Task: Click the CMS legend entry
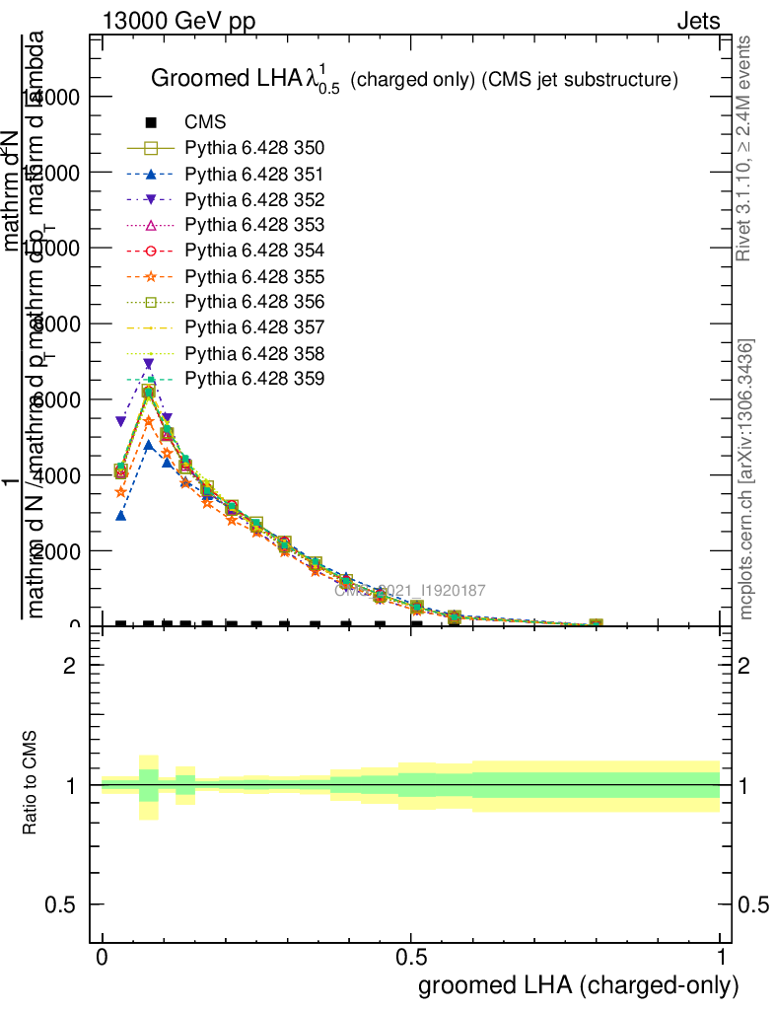tap(205, 122)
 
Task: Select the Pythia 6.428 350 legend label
tap(254, 148)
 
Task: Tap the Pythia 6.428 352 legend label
tap(254, 199)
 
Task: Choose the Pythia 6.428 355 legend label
tap(254, 276)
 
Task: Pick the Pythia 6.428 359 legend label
tap(254, 379)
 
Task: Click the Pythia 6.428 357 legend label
tap(254, 327)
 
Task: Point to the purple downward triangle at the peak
tap(148, 364)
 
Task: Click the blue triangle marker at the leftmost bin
tap(121, 515)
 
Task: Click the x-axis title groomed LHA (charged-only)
tap(579, 985)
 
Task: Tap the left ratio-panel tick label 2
tap(70, 666)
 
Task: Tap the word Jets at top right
tap(698, 22)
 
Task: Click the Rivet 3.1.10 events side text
tap(744, 148)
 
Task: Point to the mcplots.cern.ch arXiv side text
tap(746, 479)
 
